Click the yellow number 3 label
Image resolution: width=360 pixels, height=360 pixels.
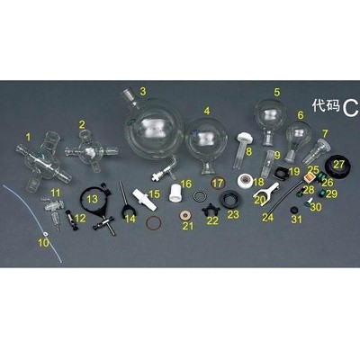(143, 91)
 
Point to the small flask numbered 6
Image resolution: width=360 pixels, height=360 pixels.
(297, 138)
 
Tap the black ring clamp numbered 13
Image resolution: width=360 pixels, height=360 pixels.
(97, 209)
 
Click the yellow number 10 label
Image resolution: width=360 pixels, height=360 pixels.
(43, 243)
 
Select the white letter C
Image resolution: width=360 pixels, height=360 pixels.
(350, 108)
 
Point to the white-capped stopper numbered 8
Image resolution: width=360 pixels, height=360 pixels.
(240, 151)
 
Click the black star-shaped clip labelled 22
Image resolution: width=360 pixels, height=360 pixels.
(211, 210)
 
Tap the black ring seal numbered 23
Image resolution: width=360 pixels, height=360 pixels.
(229, 199)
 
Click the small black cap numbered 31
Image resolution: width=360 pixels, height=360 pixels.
(293, 210)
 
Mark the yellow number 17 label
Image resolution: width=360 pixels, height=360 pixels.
(218, 183)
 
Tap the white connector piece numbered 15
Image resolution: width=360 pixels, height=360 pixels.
(145, 200)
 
